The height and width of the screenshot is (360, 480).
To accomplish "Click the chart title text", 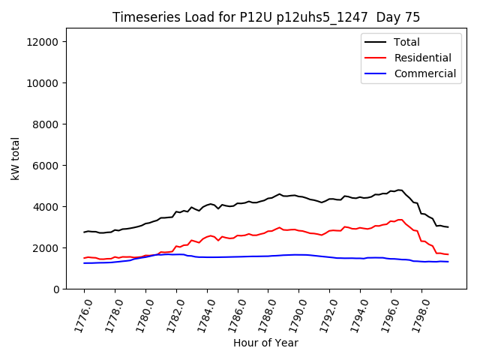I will tap(266, 17).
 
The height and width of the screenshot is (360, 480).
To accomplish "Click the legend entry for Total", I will tap(406, 42).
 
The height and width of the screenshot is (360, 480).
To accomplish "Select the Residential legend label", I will tap(423, 58).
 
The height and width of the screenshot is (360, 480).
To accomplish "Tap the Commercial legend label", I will tap(424, 73).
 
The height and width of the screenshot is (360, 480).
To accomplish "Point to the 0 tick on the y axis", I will tap(55, 289).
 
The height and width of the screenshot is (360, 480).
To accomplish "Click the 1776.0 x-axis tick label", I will tap(79, 316).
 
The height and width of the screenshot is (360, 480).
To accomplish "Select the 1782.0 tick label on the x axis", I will tap(171, 316).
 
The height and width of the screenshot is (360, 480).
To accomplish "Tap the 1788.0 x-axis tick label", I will tap(262, 316).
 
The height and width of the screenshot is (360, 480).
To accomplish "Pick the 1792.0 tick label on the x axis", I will tap(324, 316).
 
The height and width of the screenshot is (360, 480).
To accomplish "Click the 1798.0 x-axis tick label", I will tap(415, 316).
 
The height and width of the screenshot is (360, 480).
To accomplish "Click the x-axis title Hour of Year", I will tap(266, 343).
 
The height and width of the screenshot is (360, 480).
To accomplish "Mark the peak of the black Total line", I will tap(400, 190).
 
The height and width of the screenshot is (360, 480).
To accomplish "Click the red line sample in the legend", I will tap(377, 58).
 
